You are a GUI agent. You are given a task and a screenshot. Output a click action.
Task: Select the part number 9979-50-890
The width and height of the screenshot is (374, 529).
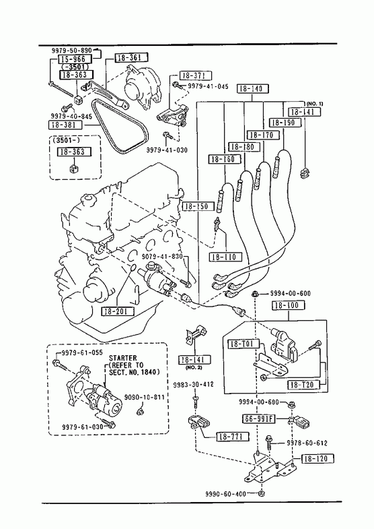pyautogui.click(x=71, y=51)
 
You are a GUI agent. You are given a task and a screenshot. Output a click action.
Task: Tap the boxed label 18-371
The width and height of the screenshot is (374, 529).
pyautogui.click(x=196, y=75)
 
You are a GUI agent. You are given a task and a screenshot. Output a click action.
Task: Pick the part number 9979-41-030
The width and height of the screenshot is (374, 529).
pyautogui.click(x=167, y=150)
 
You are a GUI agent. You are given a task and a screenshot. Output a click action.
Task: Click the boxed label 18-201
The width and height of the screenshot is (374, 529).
pyautogui.click(x=118, y=311)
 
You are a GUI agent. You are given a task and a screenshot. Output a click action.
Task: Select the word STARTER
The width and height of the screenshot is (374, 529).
pyautogui.click(x=123, y=358)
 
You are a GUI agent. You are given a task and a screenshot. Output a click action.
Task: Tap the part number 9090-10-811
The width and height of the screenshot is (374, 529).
pyautogui.click(x=145, y=397)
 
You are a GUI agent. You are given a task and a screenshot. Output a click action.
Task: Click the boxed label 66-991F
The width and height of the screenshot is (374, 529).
pyautogui.click(x=259, y=419)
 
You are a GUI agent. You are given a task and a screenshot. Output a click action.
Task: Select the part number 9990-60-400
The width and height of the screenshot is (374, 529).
pyautogui.click(x=225, y=494)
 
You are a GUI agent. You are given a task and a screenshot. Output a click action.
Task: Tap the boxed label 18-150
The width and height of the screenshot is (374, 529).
pyautogui.click(x=198, y=206)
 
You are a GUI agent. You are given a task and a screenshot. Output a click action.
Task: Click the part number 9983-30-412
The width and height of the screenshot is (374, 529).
pyautogui.click(x=193, y=385)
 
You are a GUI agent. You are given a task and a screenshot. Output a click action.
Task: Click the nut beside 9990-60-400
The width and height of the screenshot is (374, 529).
pyautogui.click(x=260, y=494)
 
